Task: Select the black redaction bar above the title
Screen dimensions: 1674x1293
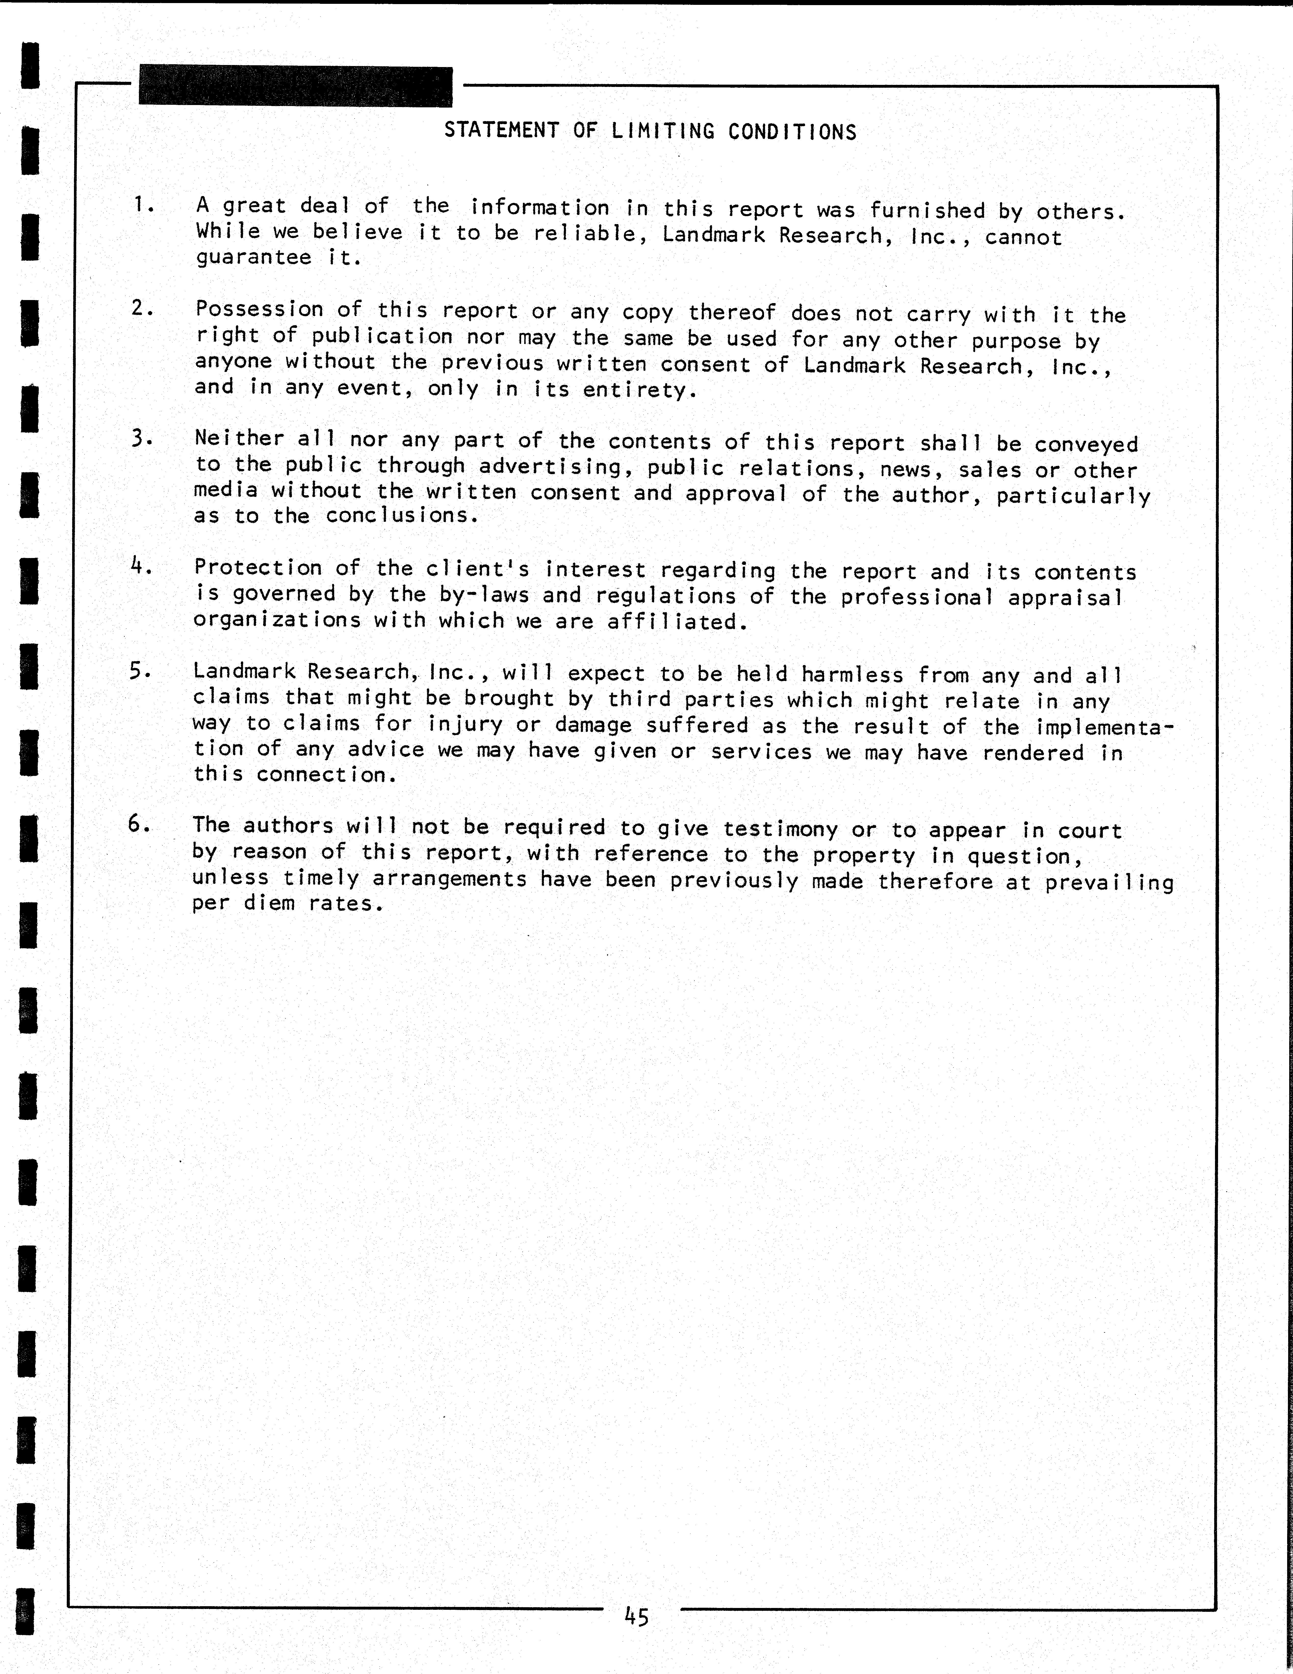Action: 295,87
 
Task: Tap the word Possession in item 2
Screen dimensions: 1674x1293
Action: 259,309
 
